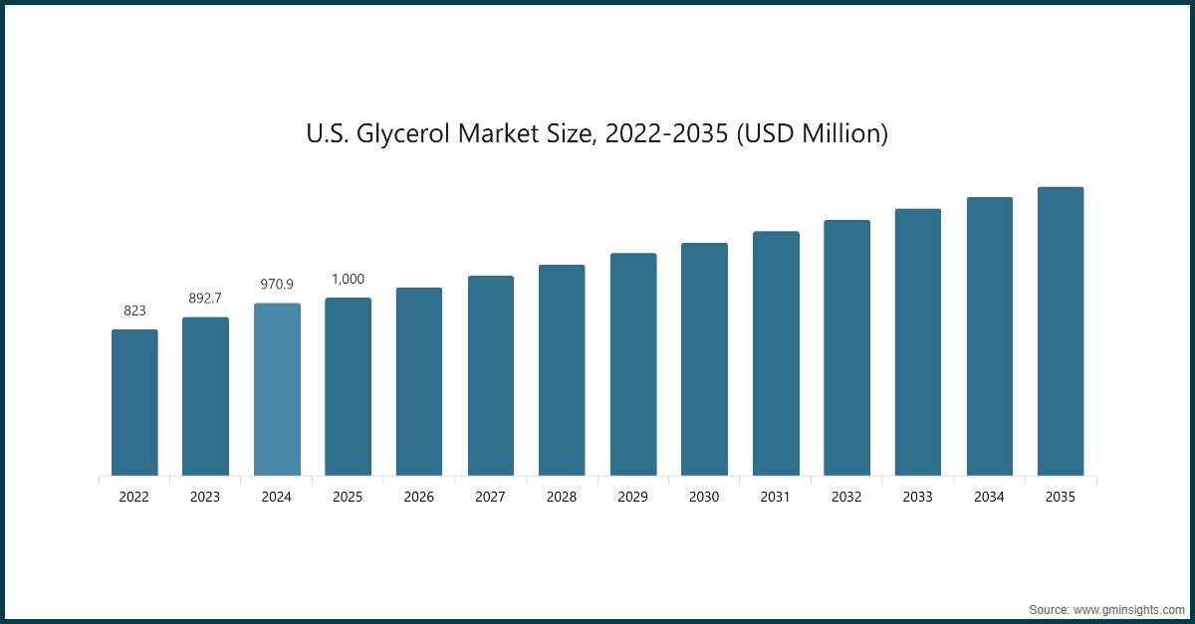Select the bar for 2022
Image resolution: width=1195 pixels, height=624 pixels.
tap(134, 402)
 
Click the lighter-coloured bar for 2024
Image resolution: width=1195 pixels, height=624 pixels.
tap(277, 389)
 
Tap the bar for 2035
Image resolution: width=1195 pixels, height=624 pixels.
tap(1061, 331)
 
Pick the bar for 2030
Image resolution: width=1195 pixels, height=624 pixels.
tap(704, 359)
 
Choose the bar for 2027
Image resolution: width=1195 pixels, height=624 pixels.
tap(491, 375)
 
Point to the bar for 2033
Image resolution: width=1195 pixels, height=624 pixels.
tap(918, 342)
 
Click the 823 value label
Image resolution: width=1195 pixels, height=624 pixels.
tap(134, 311)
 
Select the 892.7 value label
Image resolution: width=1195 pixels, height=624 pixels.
tap(205, 298)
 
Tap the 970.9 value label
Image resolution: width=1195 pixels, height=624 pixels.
tap(277, 284)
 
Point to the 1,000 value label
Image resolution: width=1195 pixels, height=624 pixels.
tap(348, 279)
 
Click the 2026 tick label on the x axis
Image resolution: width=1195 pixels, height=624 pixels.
tap(419, 497)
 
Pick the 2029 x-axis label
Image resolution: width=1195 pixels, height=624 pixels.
tap(633, 497)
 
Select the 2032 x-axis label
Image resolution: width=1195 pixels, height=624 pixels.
tap(847, 497)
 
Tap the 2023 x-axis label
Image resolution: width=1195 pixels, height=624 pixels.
tap(205, 497)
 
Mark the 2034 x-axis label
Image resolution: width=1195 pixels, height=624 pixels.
tap(990, 497)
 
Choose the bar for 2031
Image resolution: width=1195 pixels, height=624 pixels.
tap(776, 353)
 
